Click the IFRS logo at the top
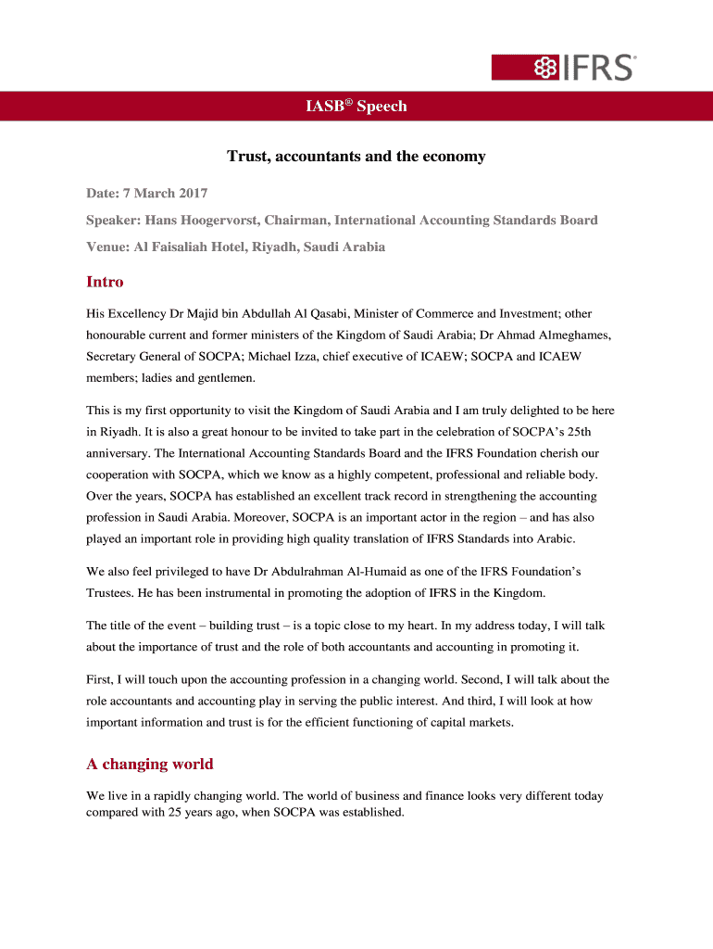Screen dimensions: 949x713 click(563, 68)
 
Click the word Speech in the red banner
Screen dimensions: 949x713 click(382, 107)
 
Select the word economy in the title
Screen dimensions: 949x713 click(454, 157)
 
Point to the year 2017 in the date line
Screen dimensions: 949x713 click(189, 193)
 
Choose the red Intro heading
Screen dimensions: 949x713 click(105, 282)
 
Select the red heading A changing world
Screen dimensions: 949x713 click(149, 765)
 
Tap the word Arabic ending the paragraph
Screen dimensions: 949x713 click(553, 538)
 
